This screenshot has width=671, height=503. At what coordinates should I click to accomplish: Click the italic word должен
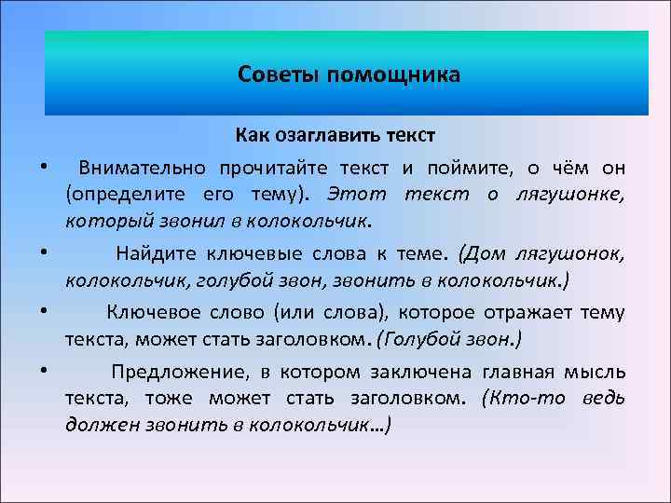tap(97, 425)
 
